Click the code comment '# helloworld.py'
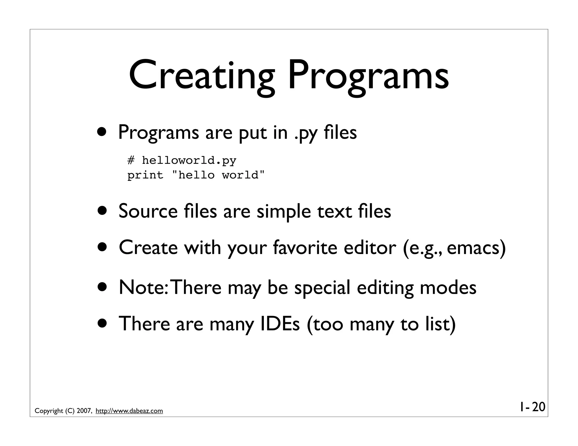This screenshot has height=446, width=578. (x=181, y=160)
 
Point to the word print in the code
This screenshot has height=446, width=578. (x=145, y=175)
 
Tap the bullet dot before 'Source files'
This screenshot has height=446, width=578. (x=102, y=211)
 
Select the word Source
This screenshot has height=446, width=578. (x=148, y=211)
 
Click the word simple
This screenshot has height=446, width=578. (x=283, y=212)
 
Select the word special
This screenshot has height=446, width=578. (x=322, y=288)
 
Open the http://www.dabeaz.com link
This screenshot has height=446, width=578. (x=129, y=411)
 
